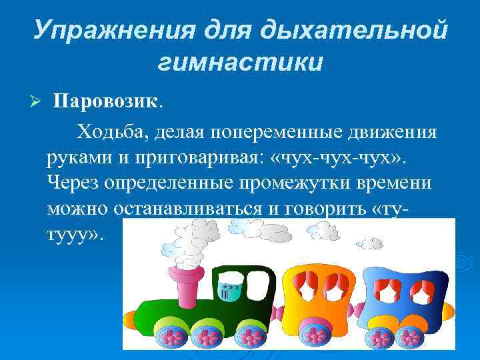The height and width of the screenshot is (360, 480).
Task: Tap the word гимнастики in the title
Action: pyautogui.click(x=241, y=63)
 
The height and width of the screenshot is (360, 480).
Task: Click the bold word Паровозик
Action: pyautogui.click(x=107, y=101)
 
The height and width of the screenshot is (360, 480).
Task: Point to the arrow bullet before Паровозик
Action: pyautogui.click(x=37, y=101)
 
